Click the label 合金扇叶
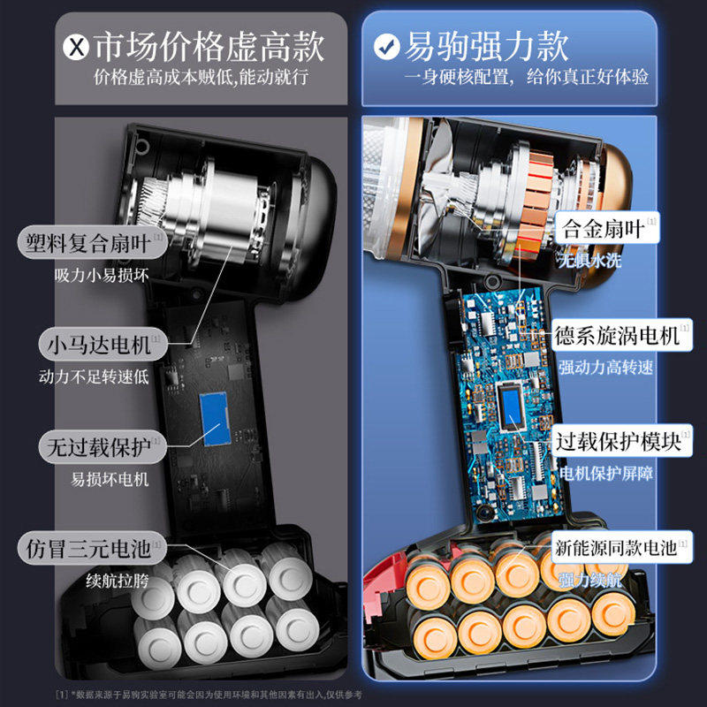click(x=602, y=229)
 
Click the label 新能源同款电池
click(x=615, y=548)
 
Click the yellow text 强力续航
click(x=590, y=580)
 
